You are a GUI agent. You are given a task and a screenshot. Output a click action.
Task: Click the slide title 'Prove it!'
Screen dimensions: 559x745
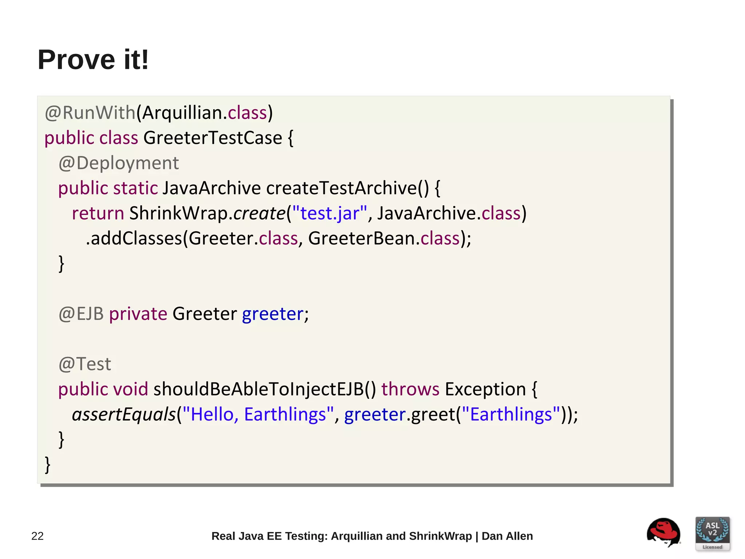(93, 60)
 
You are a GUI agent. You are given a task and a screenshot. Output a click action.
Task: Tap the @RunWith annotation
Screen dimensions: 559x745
(90, 113)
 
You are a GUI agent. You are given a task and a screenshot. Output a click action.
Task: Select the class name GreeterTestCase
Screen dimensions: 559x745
(213, 138)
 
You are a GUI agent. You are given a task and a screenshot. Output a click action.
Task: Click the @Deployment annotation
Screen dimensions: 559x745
(119, 163)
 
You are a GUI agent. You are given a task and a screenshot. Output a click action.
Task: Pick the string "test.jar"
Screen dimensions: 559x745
(330, 213)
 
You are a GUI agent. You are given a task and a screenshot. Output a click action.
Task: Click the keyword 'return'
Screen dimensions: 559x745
(98, 213)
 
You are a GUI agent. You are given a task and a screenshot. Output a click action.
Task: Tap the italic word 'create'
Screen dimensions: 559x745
(259, 213)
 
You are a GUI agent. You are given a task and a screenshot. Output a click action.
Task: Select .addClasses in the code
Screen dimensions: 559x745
(134, 239)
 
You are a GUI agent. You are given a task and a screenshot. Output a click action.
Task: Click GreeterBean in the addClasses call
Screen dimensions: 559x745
(362, 239)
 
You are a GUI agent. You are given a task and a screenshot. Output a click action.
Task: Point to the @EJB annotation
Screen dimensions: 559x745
(81, 314)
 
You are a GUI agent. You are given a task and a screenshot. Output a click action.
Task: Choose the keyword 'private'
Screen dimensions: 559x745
(138, 314)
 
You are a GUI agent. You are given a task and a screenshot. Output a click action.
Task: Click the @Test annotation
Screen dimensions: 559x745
(85, 364)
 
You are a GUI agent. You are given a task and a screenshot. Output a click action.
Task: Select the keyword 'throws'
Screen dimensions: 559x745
(410, 389)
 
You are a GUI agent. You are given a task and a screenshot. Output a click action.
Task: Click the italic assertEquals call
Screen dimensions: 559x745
(124, 414)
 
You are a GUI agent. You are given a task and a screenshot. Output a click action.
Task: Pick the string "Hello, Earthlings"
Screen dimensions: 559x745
(258, 414)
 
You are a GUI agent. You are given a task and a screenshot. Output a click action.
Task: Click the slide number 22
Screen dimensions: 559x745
(37, 536)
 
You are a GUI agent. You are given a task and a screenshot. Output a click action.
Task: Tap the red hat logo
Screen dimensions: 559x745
(664, 532)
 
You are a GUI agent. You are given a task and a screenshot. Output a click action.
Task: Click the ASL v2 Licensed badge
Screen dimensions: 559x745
(712, 533)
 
